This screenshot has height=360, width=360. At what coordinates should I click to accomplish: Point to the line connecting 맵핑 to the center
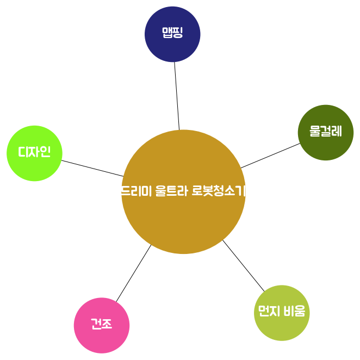[x=177, y=96]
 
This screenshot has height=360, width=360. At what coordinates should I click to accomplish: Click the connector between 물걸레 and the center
[x=270, y=156]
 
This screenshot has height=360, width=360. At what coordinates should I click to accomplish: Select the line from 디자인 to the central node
[x=92, y=168]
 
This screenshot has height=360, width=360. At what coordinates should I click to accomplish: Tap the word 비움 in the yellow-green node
[x=295, y=312]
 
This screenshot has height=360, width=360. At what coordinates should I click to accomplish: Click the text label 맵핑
[x=172, y=33]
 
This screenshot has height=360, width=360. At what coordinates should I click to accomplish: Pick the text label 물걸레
[x=326, y=132]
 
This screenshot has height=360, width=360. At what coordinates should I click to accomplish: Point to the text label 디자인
[x=34, y=152]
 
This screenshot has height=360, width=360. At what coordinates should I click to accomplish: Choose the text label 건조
[x=102, y=325]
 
